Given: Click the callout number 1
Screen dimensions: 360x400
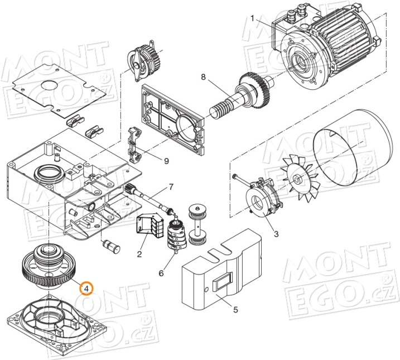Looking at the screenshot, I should point(252,18).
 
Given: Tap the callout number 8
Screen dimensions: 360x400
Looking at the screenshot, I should point(203,76).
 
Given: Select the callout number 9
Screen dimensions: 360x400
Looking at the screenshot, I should point(166,161).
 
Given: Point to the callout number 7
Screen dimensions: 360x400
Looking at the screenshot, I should point(171,186).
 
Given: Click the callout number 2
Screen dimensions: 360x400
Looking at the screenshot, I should point(139,255).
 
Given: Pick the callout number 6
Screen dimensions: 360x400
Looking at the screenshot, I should point(161,273).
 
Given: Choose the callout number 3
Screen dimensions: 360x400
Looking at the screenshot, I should point(275,233).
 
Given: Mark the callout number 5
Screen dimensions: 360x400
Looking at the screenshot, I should point(235,310).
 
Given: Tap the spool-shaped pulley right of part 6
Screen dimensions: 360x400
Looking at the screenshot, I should point(198,224).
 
